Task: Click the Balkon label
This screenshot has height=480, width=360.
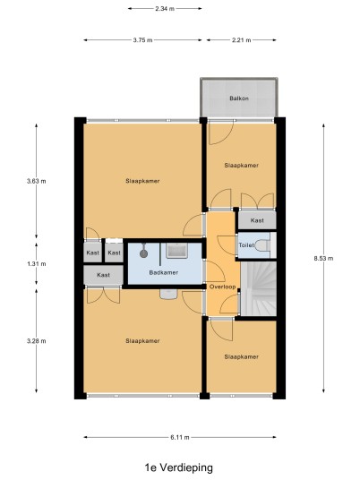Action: (239, 99)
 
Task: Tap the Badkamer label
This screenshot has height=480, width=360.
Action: (164, 272)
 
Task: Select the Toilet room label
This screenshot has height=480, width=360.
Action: (246, 245)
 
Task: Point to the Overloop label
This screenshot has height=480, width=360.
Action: (223, 287)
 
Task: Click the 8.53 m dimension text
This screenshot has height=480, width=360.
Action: (323, 258)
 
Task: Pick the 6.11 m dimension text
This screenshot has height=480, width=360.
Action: (180, 437)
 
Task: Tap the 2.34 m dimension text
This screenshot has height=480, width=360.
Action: (165, 9)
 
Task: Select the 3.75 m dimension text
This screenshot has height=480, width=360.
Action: (142, 39)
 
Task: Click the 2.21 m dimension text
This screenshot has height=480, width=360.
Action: (241, 39)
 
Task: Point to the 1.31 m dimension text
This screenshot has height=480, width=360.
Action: (37, 263)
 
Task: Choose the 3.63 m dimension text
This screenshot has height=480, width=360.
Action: (37, 181)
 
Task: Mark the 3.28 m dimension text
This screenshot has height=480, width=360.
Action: (37, 340)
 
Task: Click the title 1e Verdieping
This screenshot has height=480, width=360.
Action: (179, 467)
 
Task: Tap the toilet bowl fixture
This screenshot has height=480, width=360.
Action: (262, 245)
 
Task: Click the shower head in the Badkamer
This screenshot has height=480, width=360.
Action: (143, 253)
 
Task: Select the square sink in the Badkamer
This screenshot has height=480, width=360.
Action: (176, 251)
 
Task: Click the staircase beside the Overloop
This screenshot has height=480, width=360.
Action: (259, 288)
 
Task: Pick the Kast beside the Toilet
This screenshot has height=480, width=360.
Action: (257, 220)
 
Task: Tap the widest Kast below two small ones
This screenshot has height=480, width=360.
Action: (104, 275)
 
